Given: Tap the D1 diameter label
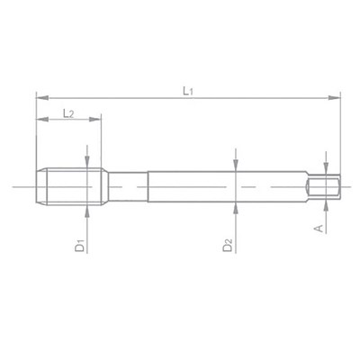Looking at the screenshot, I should point(80,243).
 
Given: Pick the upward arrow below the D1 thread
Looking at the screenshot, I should point(86,210).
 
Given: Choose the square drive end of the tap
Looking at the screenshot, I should point(324,186).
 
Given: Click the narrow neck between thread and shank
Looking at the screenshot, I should point(126,186).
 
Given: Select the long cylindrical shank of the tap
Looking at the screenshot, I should point(225,186).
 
